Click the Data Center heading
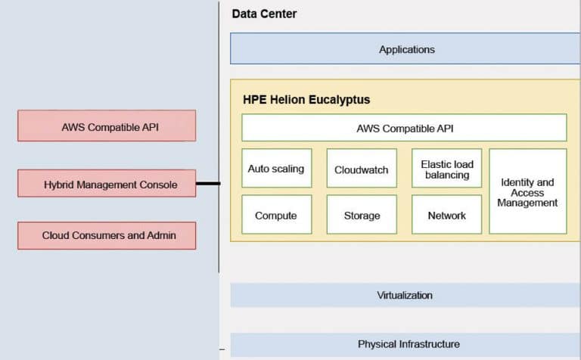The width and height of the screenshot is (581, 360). pos(264,14)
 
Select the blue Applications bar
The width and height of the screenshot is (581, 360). pos(405,49)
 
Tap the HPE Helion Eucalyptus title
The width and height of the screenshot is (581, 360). pos(306,99)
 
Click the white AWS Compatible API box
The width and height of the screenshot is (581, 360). pos(404,128)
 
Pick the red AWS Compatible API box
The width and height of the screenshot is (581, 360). pos(107,126)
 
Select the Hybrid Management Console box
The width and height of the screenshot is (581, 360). pos(107,183)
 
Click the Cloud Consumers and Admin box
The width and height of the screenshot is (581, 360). pos(107,235)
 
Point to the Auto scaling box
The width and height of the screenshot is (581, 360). pos(275,169)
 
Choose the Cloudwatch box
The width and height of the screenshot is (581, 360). pos(361,169)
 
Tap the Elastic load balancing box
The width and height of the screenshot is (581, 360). pos(446,169)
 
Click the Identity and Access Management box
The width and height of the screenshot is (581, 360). pos(527,191)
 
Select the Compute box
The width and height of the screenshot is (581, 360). pos(275,215)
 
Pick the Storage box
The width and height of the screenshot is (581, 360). pos(361,215)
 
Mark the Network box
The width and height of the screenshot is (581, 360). pos(446,215)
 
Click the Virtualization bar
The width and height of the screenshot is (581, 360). pos(405,295)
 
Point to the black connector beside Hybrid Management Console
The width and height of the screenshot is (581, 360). pos(208,183)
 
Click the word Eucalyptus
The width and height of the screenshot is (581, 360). pos(337,99)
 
